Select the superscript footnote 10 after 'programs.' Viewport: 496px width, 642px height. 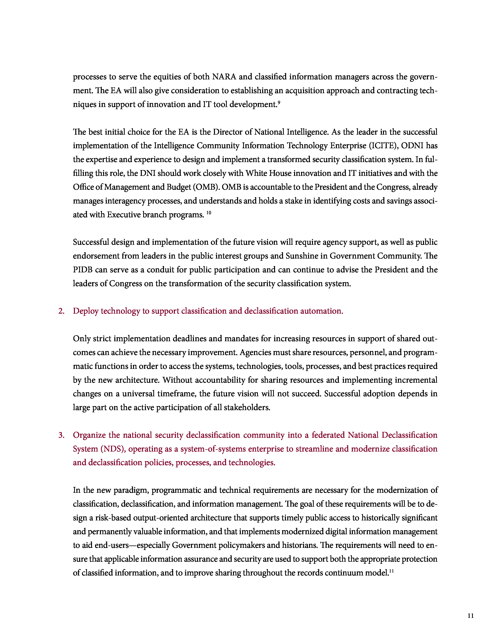[x=209, y=212]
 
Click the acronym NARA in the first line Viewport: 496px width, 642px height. [x=224, y=77]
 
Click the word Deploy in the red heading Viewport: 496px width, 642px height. [x=86, y=311]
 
